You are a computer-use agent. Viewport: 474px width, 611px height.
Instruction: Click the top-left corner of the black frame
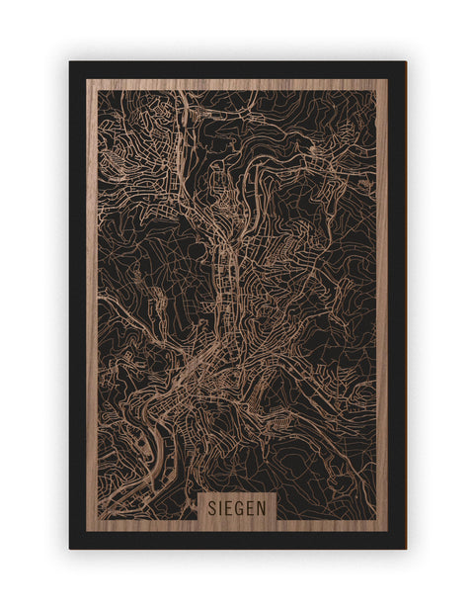[x=70, y=62]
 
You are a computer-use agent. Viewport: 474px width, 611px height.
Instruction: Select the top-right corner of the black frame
[x=405, y=62]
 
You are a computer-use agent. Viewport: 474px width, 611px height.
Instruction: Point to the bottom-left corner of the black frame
[x=70, y=548]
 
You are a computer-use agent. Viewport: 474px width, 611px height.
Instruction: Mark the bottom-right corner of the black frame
[x=405, y=548]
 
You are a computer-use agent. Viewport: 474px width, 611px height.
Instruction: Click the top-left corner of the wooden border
[x=88, y=80]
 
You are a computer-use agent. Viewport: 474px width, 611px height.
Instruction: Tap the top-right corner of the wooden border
[x=387, y=80]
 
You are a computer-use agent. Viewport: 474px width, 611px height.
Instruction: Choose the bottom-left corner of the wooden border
[x=88, y=531]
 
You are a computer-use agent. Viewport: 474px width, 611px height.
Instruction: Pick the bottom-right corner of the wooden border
[x=387, y=531]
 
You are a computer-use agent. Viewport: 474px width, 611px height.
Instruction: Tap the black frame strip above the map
[x=237, y=69]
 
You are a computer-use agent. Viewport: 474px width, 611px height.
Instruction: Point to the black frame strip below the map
[x=237, y=541]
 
